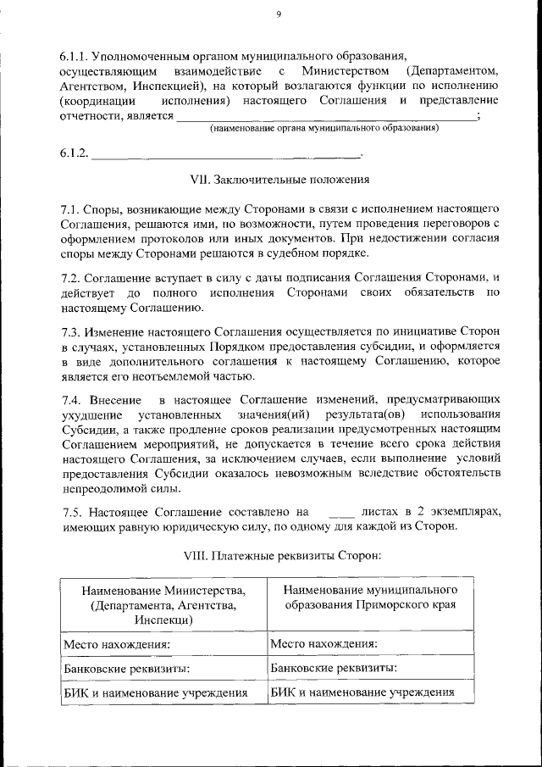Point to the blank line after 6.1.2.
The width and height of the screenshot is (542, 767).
225,154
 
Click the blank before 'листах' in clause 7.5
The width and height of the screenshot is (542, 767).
340,512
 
